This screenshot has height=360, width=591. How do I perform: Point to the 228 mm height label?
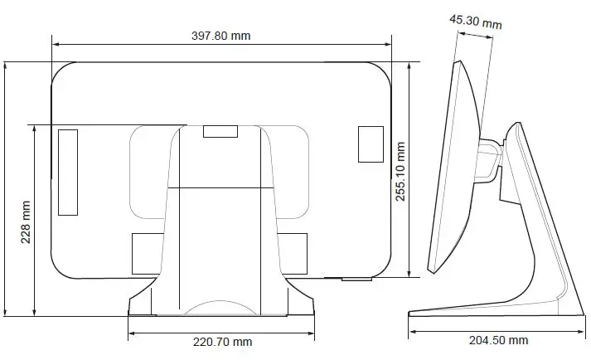click(25, 224)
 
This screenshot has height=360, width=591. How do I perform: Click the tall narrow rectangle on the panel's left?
click(67, 171)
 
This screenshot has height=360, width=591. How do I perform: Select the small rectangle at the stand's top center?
click(219, 130)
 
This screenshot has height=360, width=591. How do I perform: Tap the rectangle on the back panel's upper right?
click(370, 144)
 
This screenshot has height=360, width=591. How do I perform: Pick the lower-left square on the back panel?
click(146, 254)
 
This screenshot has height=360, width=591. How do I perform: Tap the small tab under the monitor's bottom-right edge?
click(356, 279)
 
